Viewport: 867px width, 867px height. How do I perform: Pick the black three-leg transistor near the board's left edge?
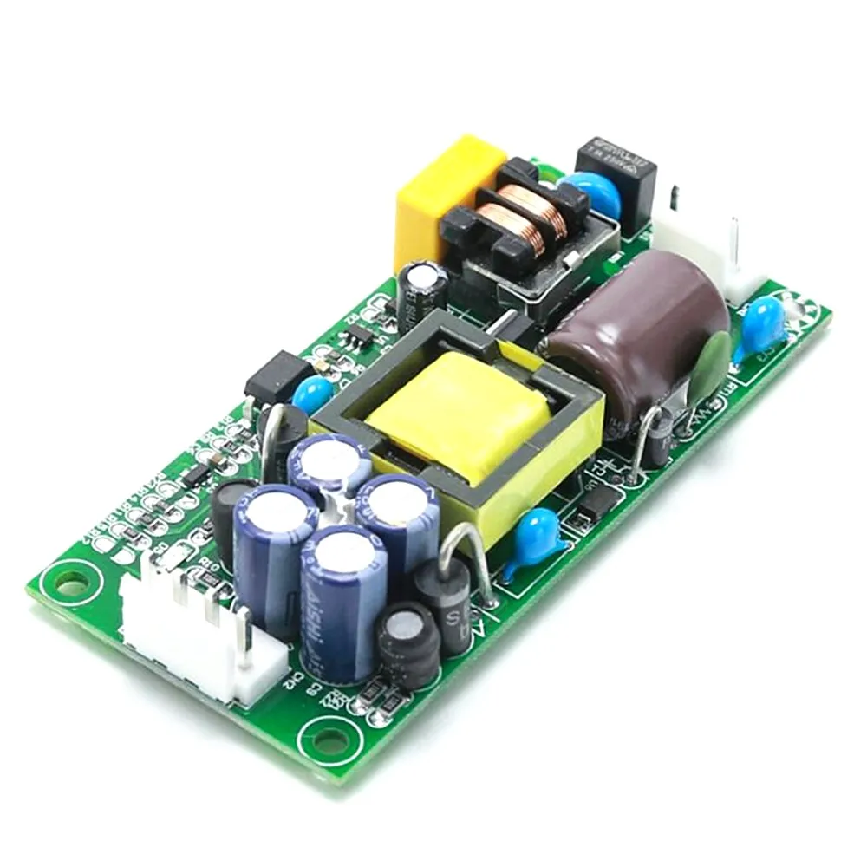pyautogui.click(x=276, y=375)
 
